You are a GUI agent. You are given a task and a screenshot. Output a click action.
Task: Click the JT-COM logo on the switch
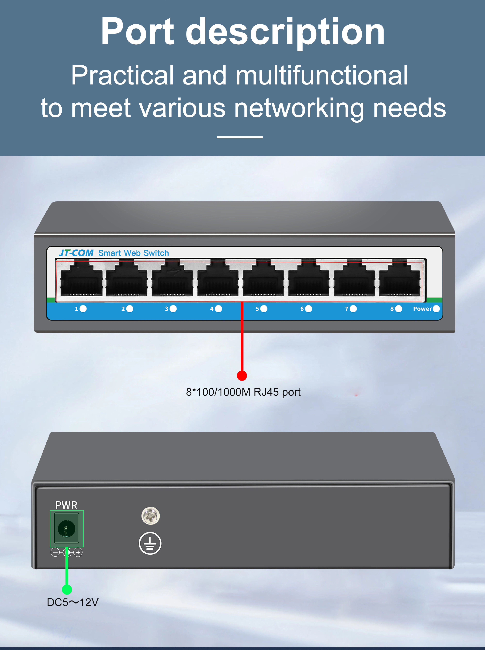click(76, 253)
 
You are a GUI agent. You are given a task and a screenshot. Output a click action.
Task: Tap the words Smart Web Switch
click(134, 253)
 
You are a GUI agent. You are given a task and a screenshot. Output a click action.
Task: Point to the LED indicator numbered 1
click(83, 309)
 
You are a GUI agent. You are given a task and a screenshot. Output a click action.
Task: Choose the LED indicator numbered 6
click(309, 309)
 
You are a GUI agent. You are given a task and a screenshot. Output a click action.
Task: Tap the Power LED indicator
click(436, 309)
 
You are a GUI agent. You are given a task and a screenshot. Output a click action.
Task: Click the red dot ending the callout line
click(242, 376)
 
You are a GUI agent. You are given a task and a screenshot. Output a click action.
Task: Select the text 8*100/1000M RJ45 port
click(243, 392)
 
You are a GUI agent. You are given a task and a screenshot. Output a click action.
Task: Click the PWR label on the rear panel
click(66, 505)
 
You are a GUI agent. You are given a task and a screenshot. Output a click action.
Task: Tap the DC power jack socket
click(67, 529)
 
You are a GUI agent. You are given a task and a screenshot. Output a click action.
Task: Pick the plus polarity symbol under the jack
click(78, 553)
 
